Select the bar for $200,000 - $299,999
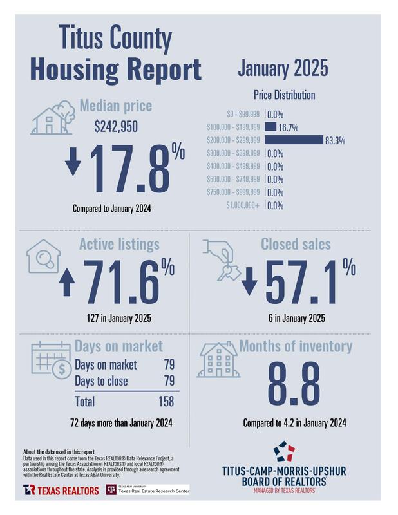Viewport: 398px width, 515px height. click(x=293, y=140)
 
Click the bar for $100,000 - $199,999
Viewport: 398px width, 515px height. click(x=270, y=126)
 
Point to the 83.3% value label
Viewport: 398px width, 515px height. click(x=334, y=140)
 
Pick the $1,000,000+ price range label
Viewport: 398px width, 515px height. click(x=243, y=206)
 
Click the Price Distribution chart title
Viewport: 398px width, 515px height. click(x=283, y=95)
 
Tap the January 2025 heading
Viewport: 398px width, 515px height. click(x=283, y=67)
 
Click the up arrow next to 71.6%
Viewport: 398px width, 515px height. click(x=65, y=283)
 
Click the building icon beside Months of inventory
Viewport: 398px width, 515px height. click(x=217, y=361)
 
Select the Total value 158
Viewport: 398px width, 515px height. click(x=166, y=402)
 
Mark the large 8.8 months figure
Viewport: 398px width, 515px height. click(x=294, y=384)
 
